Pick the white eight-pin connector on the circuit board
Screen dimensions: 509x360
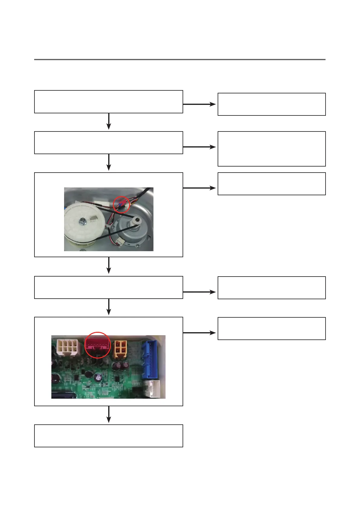(68, 347)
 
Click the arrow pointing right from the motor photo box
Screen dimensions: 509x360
(199, 188)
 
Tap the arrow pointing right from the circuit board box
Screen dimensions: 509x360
(199, 333)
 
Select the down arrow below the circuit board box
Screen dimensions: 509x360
(109, 414)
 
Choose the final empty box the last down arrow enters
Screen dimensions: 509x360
(109, 436)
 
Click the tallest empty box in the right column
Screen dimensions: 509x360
(271, 149)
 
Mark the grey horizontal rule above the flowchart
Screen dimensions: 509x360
(180, 60)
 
